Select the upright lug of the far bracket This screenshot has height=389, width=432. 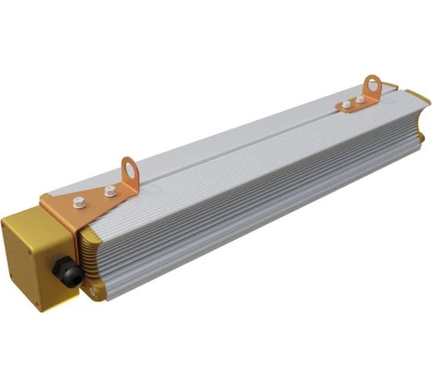374,86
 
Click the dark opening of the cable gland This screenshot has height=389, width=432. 56,273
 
